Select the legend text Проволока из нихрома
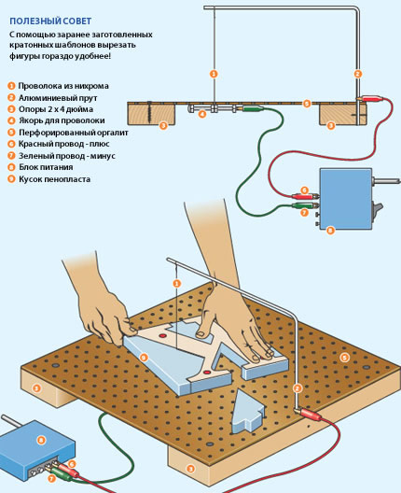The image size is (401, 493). click(x=63, y=86)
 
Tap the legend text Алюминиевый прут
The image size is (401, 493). click(x=58, y=98)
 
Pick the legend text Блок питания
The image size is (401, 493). click(x=46, y=167)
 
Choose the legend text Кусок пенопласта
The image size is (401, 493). click(x=55, y=179)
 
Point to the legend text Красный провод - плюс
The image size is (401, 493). click(x=64, y=144)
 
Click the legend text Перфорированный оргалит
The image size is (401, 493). click(x=74, y=133)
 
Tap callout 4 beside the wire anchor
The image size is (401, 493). click(x=202, y=114)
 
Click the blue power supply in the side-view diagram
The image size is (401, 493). click(x=346, y=199)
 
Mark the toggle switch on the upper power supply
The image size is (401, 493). click(x=377, y=211)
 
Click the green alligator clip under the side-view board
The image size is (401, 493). click(x=253, y=109)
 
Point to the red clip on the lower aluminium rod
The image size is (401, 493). click(x=311, y=414)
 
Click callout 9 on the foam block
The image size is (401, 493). click(x=144, y=358)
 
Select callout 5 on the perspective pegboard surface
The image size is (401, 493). click(x=344, y=358)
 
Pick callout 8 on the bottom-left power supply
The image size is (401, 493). click(x=41, y=440)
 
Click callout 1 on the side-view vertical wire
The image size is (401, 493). click(x=214, y=74)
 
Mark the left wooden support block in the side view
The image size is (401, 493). click(x=151, y=114)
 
